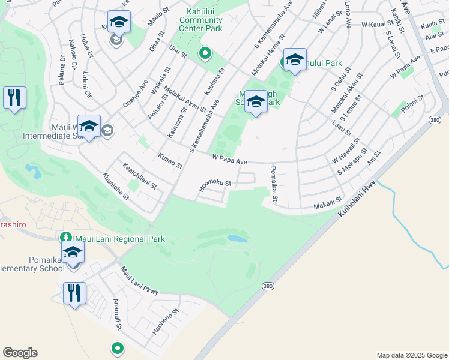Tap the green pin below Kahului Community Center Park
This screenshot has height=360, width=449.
205,54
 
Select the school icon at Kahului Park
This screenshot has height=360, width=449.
295,59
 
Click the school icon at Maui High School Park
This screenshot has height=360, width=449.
256,101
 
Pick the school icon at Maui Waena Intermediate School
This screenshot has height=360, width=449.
89,126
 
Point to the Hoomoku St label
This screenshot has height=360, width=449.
214,187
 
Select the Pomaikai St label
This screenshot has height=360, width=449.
274,184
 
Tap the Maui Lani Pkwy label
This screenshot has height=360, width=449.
139,281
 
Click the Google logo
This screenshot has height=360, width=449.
20,353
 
